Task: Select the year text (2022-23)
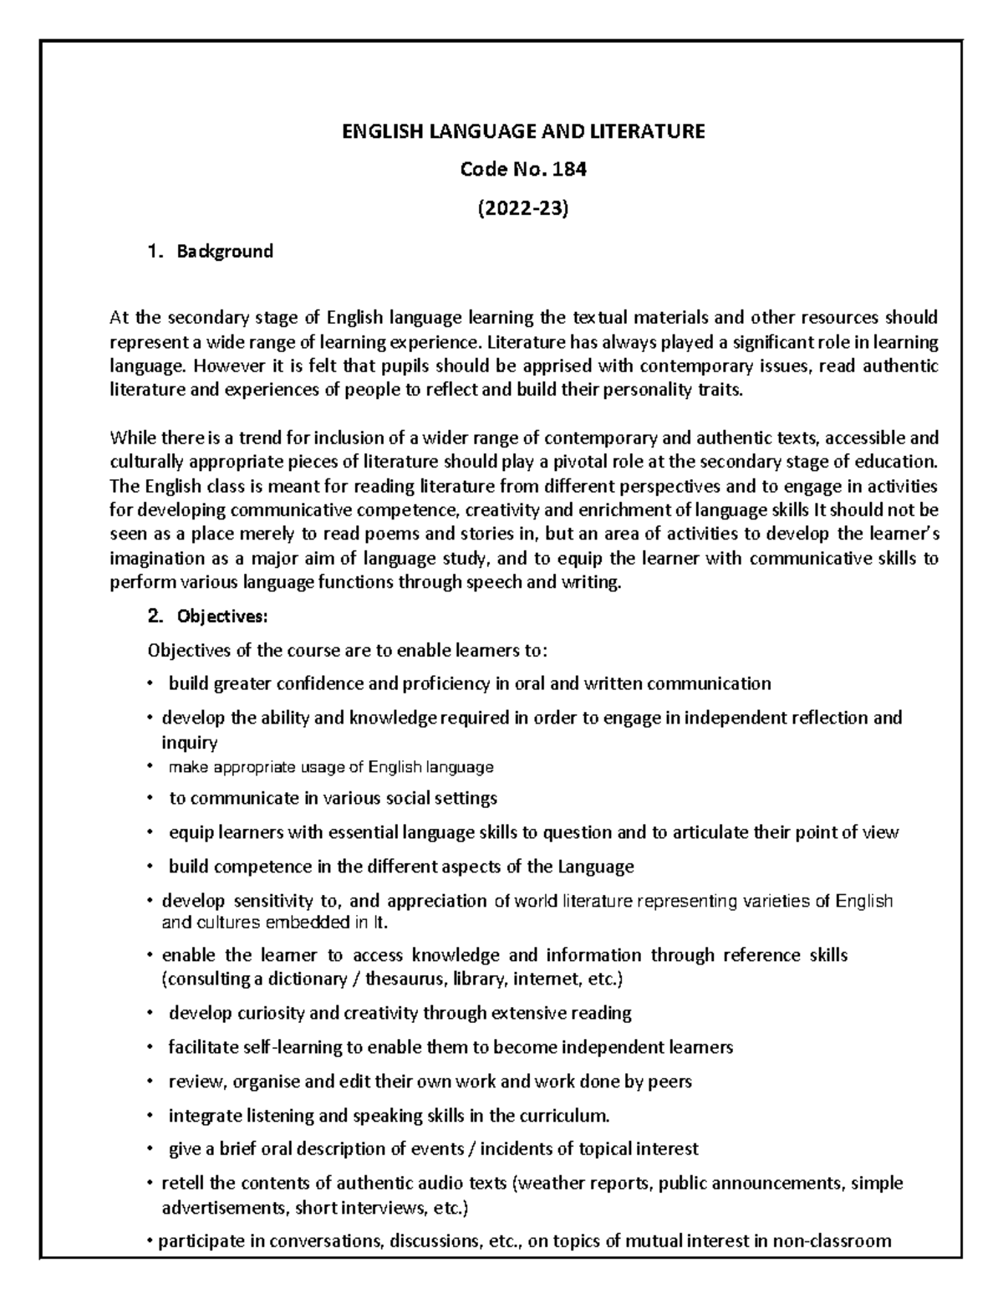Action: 514,209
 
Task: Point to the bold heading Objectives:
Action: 221,617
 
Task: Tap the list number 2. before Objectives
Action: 153,617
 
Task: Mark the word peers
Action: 670,1082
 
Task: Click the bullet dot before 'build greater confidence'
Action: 149,683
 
